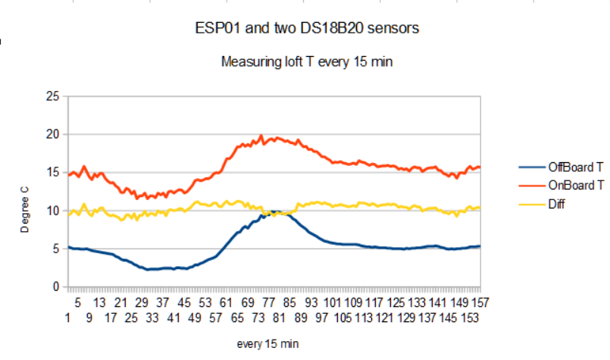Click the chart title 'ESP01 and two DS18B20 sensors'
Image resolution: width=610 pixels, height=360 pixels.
click(x=307, y=29)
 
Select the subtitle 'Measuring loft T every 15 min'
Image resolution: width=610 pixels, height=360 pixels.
click(x=307, y=62)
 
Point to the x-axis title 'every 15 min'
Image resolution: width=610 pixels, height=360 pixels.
click(x=267, y=344)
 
